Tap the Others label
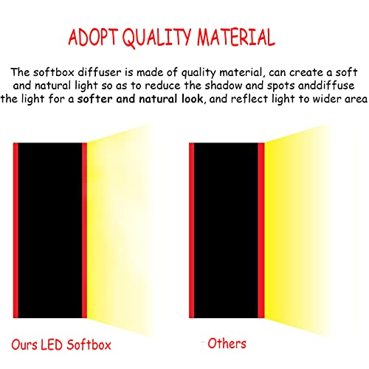pos(227,343)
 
